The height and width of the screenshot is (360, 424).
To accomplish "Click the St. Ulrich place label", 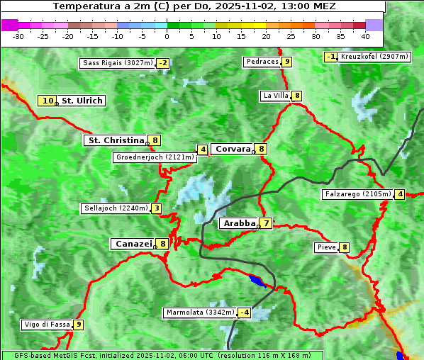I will pyautogui.click(x=82, y=101).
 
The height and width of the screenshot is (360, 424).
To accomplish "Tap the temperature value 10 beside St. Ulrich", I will pyautogui.click(x=48, y=101).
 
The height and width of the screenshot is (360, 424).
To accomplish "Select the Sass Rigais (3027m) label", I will pyautogui.click(x=117, y=63).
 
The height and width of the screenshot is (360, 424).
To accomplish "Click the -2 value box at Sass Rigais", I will pyautogui.click(x=163, y=63).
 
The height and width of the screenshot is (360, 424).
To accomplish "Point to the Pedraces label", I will pyautogui.click(x=262, y=62).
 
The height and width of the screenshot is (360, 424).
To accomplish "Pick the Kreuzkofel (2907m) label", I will pyautogui.click(x=374, y=57).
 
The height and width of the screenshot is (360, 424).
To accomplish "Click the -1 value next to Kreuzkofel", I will pyautogui.click(x=330, y=57).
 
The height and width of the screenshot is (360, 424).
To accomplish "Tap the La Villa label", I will pyautogui.click(x=275, y=96).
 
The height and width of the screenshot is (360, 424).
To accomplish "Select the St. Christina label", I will pyautogui.click(x=115, y=140).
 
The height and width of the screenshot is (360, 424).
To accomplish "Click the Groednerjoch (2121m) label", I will pyautogui.click(x=155, y=157).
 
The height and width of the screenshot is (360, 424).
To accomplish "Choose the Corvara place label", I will pyautogui.click(x=232, y=149).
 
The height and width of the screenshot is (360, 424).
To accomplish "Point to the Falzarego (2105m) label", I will pyautogui.click(x=357, y=194).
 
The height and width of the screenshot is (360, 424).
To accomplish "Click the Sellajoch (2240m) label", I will pyautogui.click(x=115, y=208).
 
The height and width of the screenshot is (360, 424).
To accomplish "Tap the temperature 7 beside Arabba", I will pyautogui.click(x=266, y=223).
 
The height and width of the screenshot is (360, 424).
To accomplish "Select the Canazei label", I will pyautogui.click(x=133, y=244).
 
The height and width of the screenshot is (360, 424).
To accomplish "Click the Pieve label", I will pyautogui.click(x=326, y=247).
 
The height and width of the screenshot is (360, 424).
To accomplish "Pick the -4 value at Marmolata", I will pyautogui.click(x=245, y=313).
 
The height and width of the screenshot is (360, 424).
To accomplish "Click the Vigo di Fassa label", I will pyautogui.click(x=46, y=325).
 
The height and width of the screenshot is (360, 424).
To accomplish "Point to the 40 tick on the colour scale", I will pyautogui.click(x=365, y=35).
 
